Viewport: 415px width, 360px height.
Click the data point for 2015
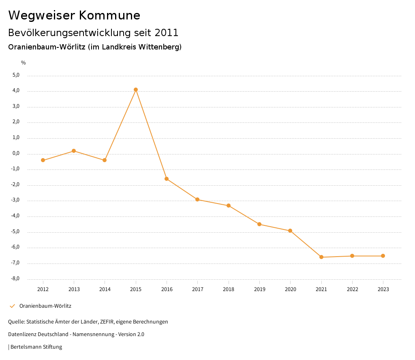(136, 90)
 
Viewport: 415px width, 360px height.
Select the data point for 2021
(321, 257)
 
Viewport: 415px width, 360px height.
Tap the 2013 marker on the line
(74, 151)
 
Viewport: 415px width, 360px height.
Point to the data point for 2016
(167, 179)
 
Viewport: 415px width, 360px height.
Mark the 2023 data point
(383, 256)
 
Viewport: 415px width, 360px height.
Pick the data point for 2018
(229, 206)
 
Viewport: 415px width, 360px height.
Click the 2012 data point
(43, 160)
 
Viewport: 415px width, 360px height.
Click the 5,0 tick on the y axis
(16, 75)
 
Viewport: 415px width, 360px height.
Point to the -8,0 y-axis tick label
(15, 279)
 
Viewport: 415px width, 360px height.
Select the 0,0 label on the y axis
(16, 153)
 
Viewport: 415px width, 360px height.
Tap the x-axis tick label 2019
(259, 289)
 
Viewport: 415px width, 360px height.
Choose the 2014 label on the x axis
(105, 289)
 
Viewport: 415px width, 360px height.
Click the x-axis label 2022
(352, 289)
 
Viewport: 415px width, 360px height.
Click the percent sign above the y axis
(24, 62)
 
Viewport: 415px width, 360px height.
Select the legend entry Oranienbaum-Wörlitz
(45, 306)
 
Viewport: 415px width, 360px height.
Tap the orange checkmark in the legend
(12, 306)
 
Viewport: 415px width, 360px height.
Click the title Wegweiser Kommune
(74, 15)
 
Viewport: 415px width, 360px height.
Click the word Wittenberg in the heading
(159, 47)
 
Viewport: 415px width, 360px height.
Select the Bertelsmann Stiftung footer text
(36, 347)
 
